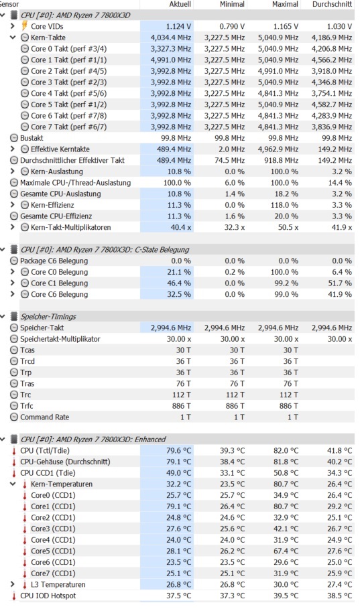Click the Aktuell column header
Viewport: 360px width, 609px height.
[x=180, y=4]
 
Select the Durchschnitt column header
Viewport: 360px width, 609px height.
[x=332, y=4]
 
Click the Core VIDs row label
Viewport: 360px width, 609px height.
[x=47, y=26]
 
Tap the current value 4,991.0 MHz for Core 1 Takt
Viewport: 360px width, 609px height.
[x=171, y=60]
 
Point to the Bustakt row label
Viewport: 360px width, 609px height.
[x=32, y=138]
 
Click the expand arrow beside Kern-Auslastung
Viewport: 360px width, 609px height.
[x=13, y=172]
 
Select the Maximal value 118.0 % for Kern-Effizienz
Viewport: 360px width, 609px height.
[x=284, y=205]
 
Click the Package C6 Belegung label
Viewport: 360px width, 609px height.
[x=54, y=261]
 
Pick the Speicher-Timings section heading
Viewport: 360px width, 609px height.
[x=48, y=316]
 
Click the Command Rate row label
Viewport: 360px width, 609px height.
[x=45, y=417]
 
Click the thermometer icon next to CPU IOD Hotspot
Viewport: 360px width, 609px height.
[x=14, y=596]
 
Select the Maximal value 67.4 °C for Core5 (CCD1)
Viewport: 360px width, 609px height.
[x=286, y=551]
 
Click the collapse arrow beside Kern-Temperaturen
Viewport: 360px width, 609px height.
[x=13, y=484]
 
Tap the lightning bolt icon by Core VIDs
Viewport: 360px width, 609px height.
[x=25, y=26]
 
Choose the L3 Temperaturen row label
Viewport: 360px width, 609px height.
[x=58, y=584]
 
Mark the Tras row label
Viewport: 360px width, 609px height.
[x=27, y=384]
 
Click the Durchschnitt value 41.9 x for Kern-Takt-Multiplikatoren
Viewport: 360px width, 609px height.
[x=342, y=227]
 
